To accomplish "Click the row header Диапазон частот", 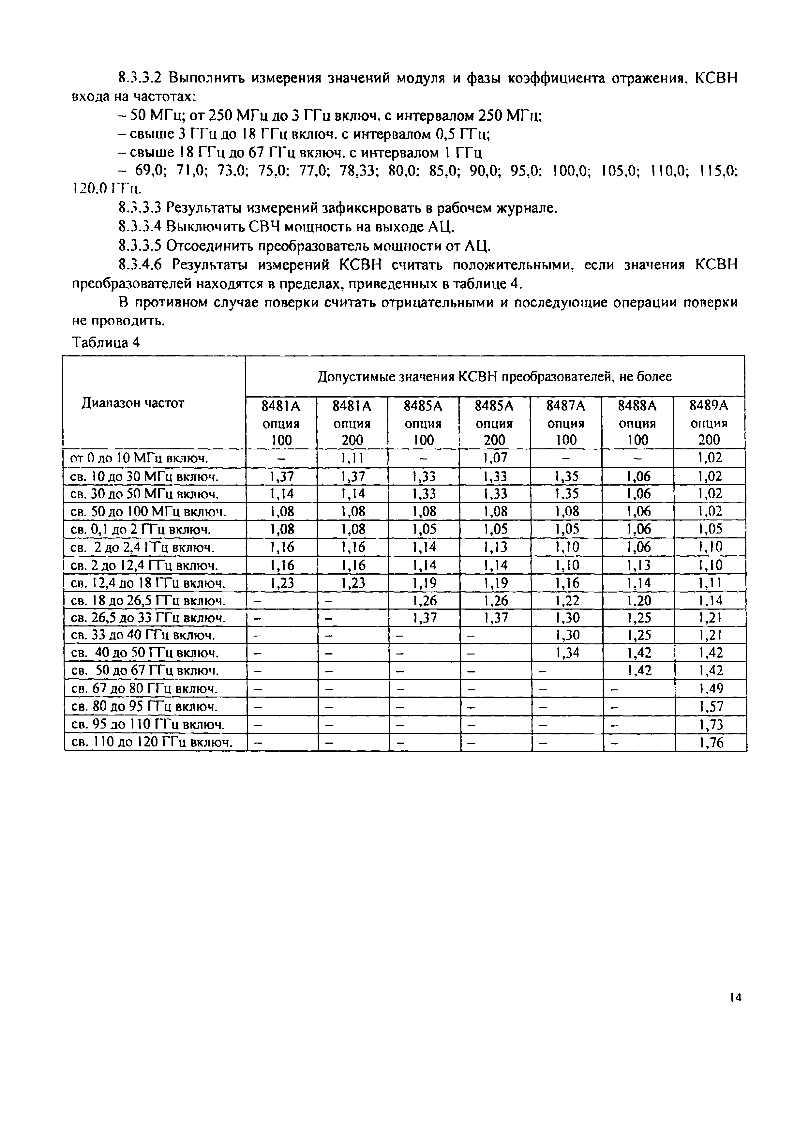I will (x=133, y=403).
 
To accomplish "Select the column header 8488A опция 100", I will (x=637, y=423).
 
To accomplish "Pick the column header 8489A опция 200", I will (x=709, y=423).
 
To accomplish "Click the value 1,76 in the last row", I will (x=711, y=743).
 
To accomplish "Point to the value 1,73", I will (x=711, y=725).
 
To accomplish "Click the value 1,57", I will (x=711, y=707).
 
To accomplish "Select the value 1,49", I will (x=711, y=689).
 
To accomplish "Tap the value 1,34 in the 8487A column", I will (x=567, y=653).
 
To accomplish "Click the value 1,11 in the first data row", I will (x=353, y=458).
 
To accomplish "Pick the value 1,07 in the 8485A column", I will (x=495, y=458).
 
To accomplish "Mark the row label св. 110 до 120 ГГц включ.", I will (x=152, y=743).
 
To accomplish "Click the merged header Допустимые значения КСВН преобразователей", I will (x=495, y=377).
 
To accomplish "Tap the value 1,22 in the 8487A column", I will (x=567, y=600).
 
